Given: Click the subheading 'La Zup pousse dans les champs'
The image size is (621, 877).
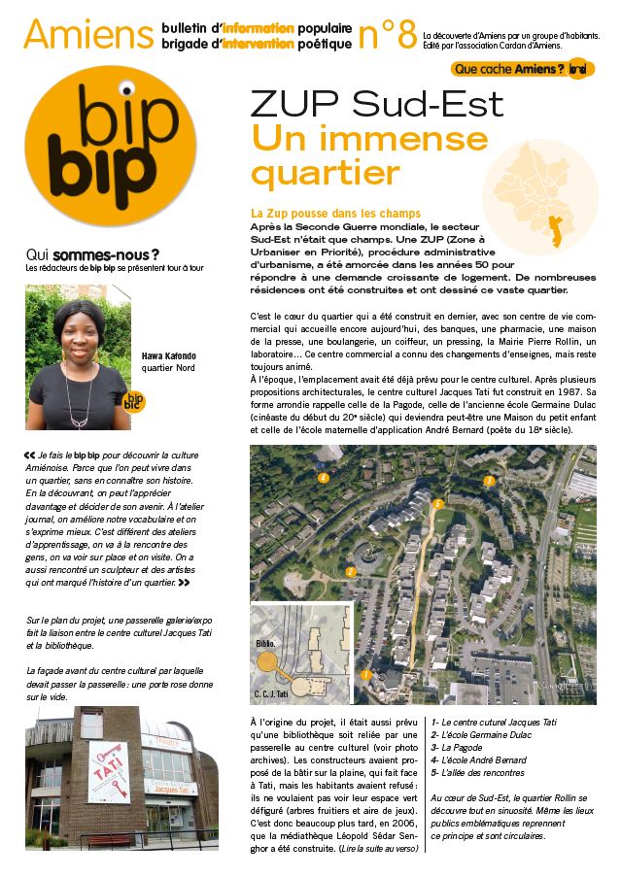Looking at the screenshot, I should [334, 213].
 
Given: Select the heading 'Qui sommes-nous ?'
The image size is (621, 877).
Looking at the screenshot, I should [93, 255].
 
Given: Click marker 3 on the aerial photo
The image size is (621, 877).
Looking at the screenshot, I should [490, 480].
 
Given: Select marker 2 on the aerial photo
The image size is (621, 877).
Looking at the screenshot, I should [350, 571].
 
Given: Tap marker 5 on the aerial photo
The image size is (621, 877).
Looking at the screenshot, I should [438, 503].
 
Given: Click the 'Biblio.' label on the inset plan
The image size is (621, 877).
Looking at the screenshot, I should [266, 644].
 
